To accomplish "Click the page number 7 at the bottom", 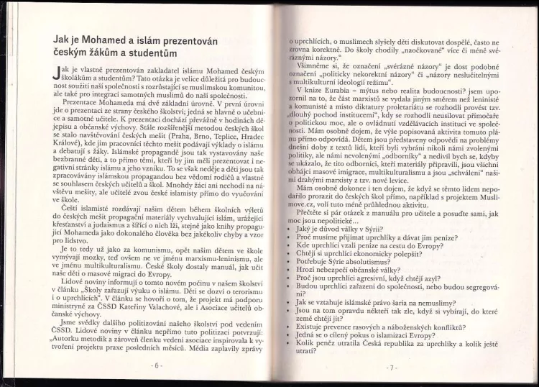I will tap(391, 367).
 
